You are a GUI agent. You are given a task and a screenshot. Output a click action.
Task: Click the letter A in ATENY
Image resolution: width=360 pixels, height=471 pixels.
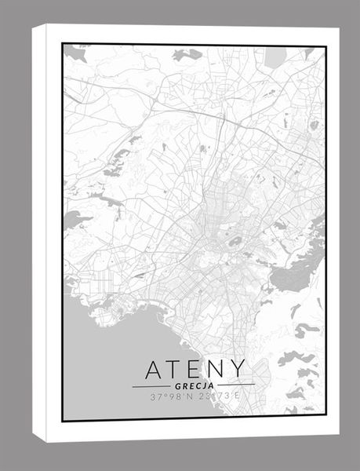155,369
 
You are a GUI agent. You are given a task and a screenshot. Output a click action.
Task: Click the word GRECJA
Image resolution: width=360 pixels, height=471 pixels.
193,386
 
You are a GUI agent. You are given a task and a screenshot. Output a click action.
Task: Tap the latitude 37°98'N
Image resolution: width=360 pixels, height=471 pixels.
171,398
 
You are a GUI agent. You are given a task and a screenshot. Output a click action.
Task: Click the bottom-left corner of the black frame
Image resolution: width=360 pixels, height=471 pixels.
63,421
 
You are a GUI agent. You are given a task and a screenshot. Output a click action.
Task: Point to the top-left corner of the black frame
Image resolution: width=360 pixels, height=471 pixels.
63,44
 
